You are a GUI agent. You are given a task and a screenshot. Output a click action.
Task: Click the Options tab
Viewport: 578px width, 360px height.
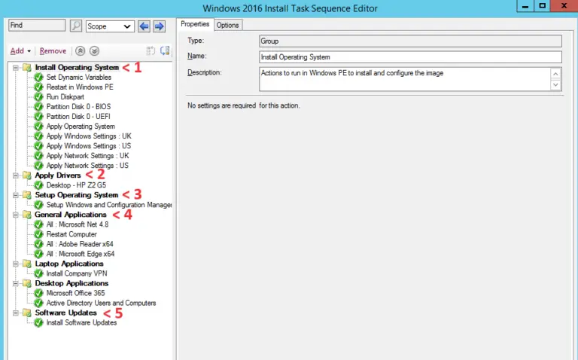[x=227, y=25]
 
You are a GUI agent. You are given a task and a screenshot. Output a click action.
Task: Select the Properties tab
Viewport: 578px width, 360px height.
[x=195, y=24]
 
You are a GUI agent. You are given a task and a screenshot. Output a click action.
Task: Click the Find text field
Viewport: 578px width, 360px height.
[x=37, y=26]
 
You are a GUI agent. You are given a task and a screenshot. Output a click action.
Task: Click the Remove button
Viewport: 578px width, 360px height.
[x=53, y=50]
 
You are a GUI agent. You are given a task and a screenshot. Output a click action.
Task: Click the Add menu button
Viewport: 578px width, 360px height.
[x=20, y=50]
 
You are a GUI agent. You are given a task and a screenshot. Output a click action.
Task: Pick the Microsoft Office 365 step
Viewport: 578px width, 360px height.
[x=75, y=293]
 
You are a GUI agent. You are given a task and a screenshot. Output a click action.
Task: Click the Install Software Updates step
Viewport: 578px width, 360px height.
[x=81, y=322]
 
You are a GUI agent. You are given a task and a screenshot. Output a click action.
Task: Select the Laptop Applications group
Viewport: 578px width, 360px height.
[x=69, y=264]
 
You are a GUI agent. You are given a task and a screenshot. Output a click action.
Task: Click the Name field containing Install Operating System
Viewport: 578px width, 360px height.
[x=410, y=57]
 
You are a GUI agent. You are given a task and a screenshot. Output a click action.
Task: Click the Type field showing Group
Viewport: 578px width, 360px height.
[x=410, y=41]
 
